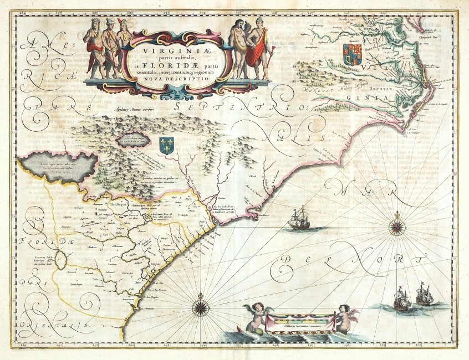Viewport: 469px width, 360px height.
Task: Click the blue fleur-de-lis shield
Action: (166, 146)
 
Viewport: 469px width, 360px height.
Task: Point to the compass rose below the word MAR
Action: (396, 224)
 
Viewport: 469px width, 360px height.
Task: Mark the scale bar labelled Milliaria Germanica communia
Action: (299, 321)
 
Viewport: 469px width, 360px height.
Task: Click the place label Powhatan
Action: (341, 18)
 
